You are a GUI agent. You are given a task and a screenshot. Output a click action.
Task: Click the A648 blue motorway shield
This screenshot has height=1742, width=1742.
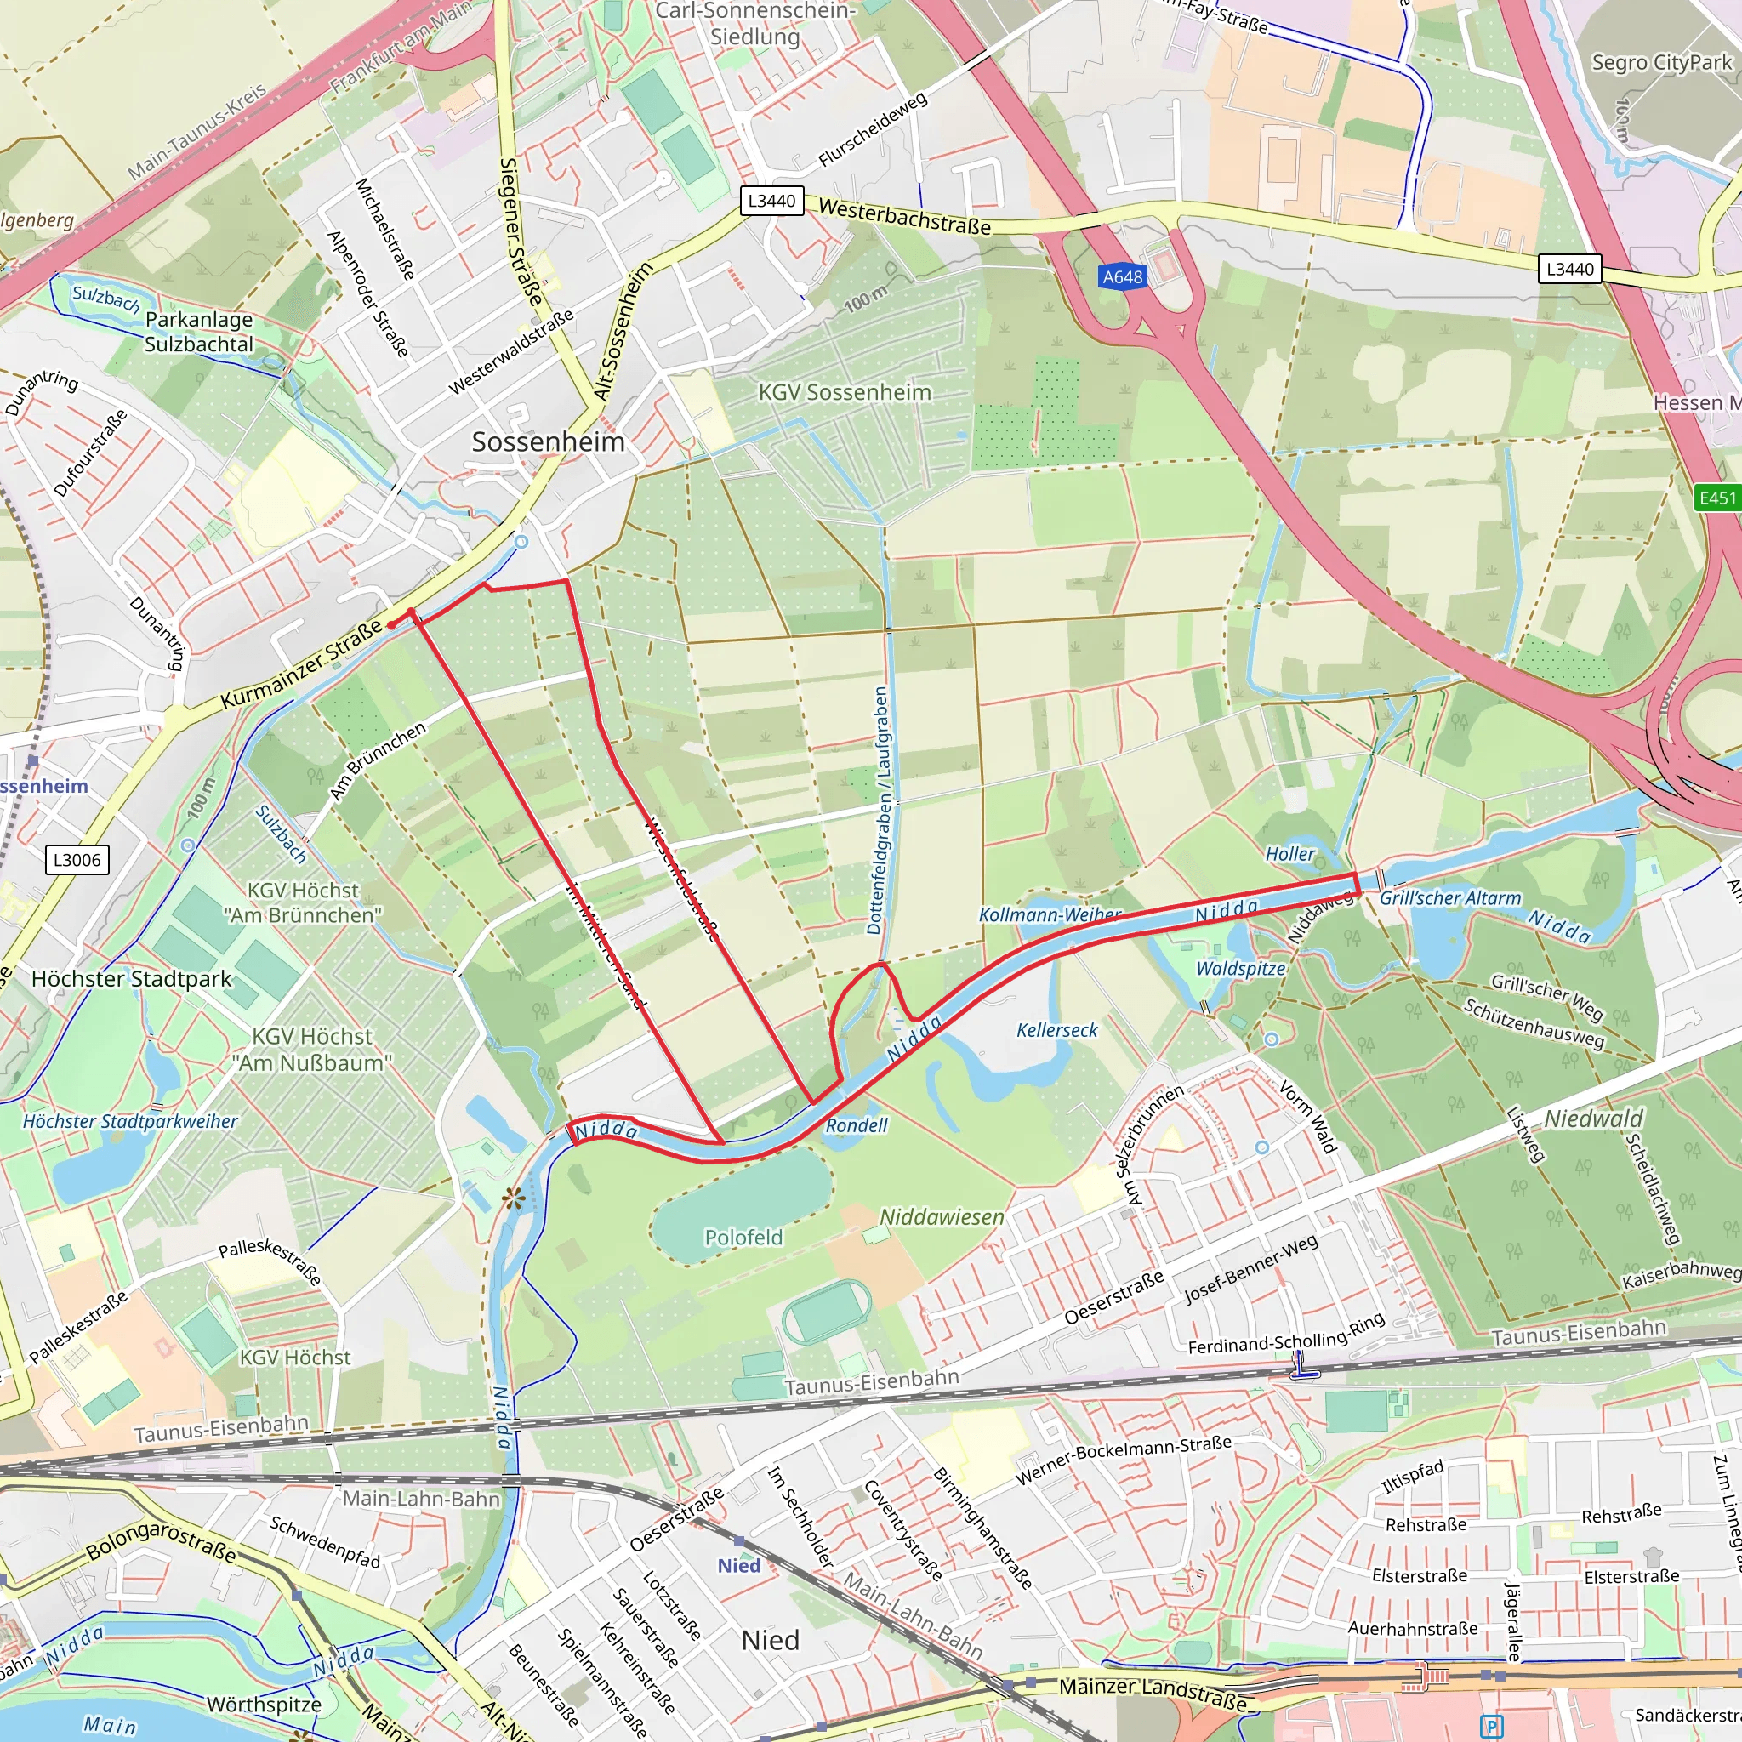point(1123,276)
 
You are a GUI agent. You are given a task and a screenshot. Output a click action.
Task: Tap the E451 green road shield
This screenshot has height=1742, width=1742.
point(1716,498)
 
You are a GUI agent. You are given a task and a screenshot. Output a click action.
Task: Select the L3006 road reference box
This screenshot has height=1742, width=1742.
point(77,859)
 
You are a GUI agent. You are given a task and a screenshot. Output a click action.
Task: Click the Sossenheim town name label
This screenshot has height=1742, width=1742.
point(549,441)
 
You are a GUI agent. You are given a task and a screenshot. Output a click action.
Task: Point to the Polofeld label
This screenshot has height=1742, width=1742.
point(744,1237)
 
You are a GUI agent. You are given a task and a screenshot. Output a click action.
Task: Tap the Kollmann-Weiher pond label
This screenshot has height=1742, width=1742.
point(1050,914)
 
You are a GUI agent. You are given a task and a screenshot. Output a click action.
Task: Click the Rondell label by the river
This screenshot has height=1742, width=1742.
point(857,1125)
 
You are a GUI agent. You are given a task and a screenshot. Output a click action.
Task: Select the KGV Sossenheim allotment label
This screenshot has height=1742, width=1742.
point(844,392)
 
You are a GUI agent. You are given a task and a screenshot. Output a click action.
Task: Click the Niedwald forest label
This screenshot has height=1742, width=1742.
point(1593,1119)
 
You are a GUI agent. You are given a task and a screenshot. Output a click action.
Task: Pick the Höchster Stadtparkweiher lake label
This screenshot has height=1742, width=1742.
point(130,1122)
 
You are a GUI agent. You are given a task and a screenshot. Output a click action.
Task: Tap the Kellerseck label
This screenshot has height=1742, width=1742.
point(1056,1030)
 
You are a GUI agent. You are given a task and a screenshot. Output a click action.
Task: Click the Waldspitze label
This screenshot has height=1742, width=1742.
point(1241,968)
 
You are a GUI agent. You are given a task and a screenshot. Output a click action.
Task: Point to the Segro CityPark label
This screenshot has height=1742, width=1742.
point(1661,62)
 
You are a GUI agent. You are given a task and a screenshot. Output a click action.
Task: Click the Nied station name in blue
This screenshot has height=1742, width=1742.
point(738,1565)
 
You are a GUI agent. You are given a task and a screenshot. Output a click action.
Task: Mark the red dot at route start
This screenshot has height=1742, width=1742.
point(390,624)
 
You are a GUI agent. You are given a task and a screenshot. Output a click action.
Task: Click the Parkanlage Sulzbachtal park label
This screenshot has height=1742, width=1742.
point(199,332)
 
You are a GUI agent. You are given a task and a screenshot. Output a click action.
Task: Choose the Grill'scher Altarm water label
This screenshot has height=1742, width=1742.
point(1450,898)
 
